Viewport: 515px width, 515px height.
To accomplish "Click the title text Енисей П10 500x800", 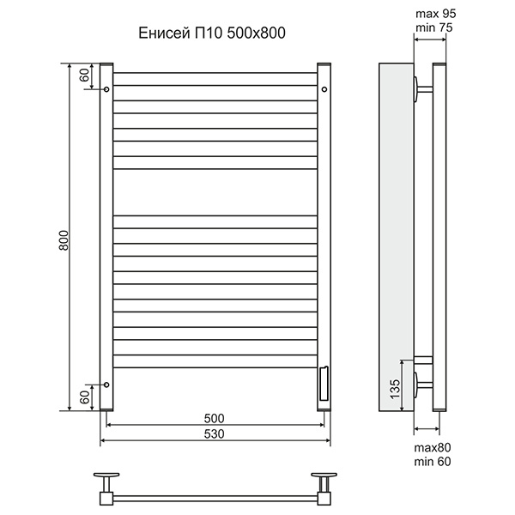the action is (212, 33).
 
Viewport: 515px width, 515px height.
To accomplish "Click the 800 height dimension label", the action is (64, 240).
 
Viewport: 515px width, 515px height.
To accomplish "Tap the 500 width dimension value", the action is (214, 419).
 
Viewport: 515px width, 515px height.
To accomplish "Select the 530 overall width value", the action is (214, 433).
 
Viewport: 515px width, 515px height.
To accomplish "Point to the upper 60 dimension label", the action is (84, 76).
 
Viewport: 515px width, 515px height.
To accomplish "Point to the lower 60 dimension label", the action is (84, 397).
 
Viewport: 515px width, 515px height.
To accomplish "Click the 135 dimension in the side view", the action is (396, 389).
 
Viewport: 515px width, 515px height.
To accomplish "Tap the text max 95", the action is (435, 14).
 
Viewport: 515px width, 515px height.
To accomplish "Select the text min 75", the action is (433, 27).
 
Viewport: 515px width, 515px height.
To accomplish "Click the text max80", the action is (433, 447).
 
